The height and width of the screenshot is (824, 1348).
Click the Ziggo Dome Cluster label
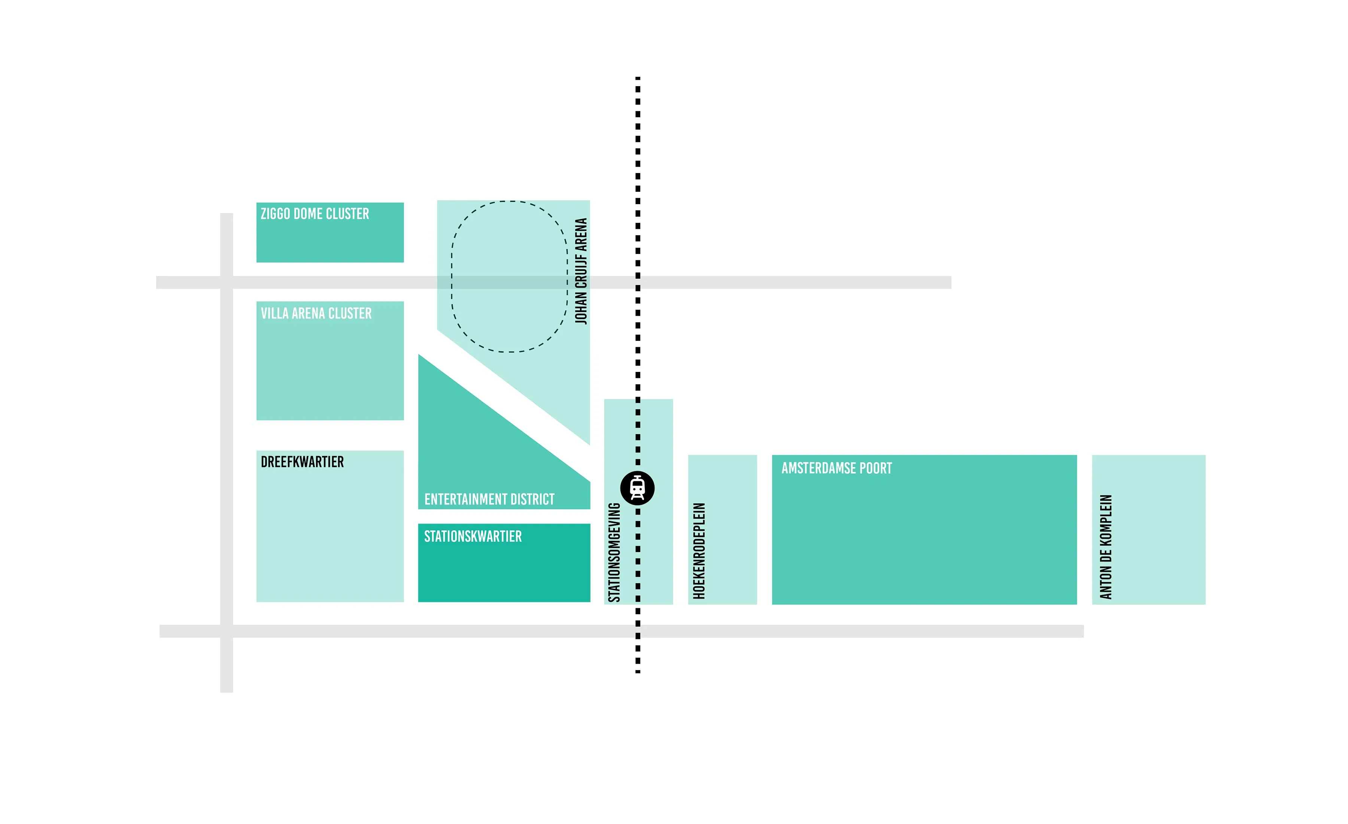315,213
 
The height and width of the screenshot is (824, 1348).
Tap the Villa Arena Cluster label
316,313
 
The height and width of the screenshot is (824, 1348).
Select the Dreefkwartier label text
302,462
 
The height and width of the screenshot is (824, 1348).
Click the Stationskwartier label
473,536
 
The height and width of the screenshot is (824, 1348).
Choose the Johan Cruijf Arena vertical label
581,272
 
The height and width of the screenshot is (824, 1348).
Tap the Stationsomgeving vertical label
614,552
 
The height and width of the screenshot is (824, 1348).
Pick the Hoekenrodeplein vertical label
699,551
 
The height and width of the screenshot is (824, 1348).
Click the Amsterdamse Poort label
837,468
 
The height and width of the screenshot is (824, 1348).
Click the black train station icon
637,488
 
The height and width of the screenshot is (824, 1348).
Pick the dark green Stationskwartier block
504,563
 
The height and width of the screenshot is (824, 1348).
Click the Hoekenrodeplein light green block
722,530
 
